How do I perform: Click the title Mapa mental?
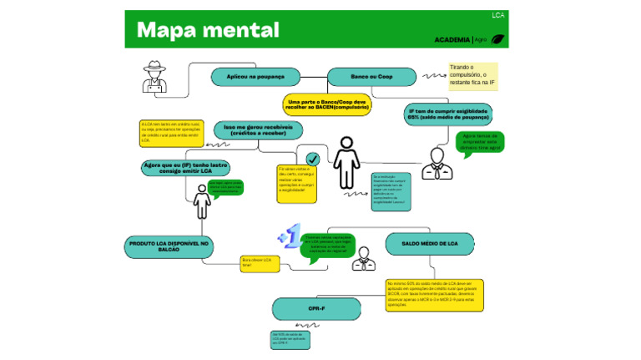pos(208,30)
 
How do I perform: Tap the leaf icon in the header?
pos(498,39)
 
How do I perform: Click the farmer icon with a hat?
pos(155,77)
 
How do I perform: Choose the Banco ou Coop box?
pos(371,77)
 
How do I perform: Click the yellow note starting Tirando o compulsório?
pos(472,76)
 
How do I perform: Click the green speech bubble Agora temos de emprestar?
pos(481,142)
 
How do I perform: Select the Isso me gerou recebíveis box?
pos(257,130)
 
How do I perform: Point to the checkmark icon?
pos(312,159)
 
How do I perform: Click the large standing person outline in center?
pos(346,163)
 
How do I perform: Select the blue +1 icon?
pos(290,236)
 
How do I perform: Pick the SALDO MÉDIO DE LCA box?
pos(429,243)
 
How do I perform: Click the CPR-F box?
pos(315,309)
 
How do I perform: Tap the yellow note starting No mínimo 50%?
pos(434,295)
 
